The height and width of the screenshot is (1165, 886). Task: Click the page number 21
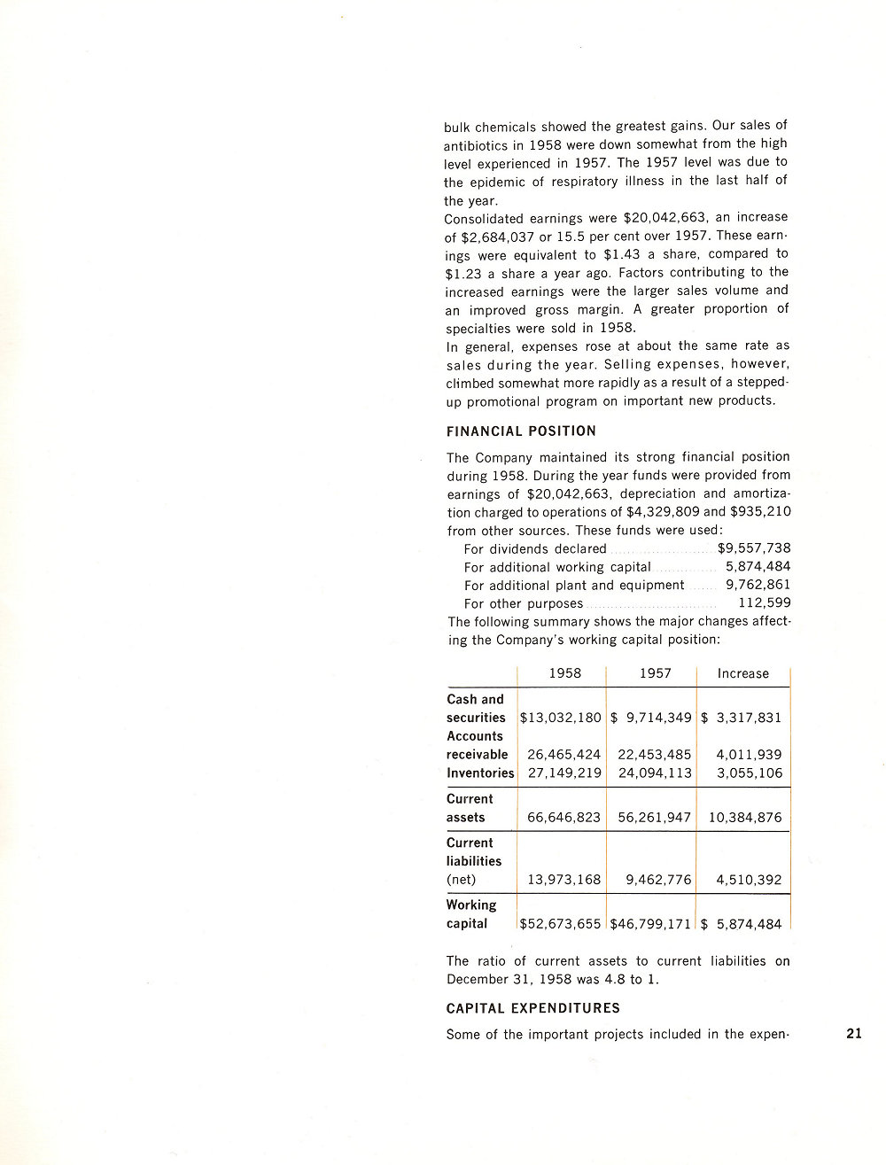coord(854,1033)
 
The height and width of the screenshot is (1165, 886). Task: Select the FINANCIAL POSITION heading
coord(521,431)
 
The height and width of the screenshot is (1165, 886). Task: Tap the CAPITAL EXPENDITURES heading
coord(533,1008)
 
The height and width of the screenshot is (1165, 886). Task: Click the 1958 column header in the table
coord(565,673)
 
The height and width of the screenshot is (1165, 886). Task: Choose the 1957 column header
coord(656,673)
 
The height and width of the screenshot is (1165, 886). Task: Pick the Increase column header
coord(743,673)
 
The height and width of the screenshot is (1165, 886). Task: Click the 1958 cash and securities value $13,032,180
coord(561,718)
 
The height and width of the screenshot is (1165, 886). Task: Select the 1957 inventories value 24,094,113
coord(655,773)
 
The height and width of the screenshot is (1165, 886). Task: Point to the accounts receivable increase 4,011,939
coord(750,755)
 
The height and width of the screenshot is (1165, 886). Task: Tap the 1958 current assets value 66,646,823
coord(564,818)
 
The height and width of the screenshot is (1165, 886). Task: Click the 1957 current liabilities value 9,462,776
coord(658,880)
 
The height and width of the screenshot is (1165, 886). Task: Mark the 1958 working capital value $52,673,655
coord(561,924)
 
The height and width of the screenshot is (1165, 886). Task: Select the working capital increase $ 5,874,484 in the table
coord(742,924)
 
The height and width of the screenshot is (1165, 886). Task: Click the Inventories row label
coord(480,773)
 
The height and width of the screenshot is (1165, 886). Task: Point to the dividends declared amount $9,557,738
coord(754,548)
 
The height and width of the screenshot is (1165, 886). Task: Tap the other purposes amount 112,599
coord(765,603)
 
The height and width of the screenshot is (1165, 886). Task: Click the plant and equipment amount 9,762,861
coord(758,585)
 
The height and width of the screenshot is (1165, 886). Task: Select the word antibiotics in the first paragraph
coord(476,144)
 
